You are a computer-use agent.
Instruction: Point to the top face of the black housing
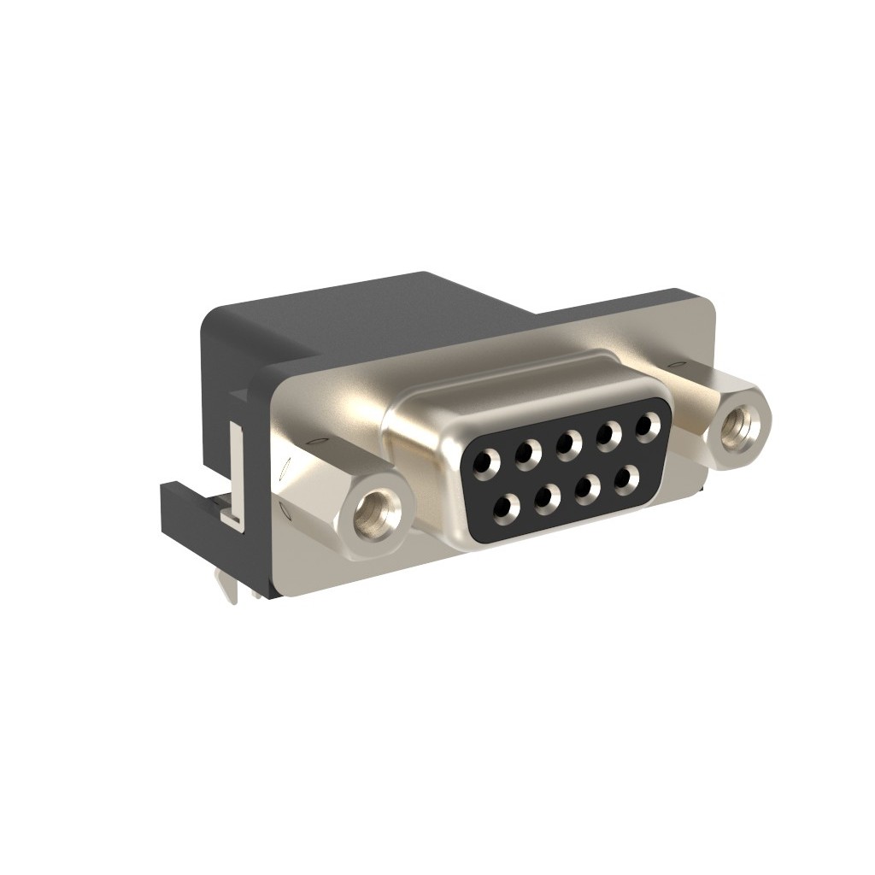coord(359,312)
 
